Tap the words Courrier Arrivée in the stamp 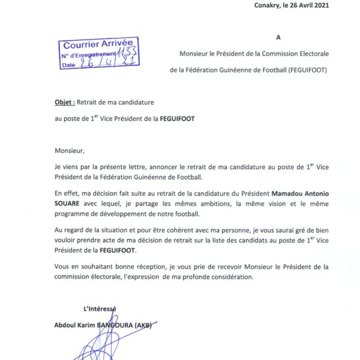tap(90, 44)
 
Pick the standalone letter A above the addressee tap(278, 37)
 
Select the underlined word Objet tap(63, 102)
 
